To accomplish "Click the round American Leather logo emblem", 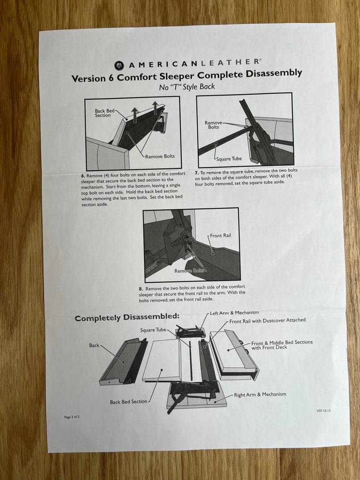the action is [119, 65].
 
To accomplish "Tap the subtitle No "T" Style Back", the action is [187, 87].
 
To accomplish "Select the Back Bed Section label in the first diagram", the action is [104, 113].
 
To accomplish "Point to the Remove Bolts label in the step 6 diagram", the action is [160, 156].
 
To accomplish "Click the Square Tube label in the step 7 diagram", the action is [229, 159].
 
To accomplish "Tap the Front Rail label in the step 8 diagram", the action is [220, 236].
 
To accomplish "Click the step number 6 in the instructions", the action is [83, 176].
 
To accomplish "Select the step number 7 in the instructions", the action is [196, 173].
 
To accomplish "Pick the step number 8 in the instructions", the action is [141, 289].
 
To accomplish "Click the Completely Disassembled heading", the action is [127, 317].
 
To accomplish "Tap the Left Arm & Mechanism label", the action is [234, 313].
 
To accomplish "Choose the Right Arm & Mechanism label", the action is [260, 394].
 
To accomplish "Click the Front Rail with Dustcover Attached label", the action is [267, 320].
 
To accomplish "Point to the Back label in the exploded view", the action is [94, 345].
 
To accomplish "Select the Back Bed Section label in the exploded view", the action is [128, 402].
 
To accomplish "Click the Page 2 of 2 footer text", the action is [72, 417].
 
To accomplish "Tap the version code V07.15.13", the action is [324, 411].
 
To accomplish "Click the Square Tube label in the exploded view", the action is [153, 330].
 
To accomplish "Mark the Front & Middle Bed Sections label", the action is [282, 345].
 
